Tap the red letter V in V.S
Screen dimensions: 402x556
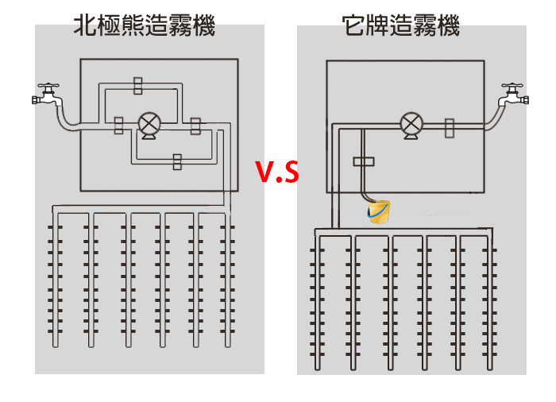point(264,172)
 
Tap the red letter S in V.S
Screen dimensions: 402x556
point(292,172)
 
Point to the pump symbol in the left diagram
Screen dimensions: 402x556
point(149,125)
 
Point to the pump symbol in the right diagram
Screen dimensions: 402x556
point(411,124)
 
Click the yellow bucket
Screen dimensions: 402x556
point(379,212)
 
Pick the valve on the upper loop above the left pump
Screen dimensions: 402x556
point(138,86)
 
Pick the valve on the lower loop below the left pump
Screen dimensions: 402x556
point(176,161)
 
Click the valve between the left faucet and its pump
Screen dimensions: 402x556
point(118,125)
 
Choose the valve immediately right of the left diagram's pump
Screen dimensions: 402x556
point(195,125)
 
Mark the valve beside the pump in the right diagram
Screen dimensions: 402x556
point(450,128)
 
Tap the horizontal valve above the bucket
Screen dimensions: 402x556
point(363,161)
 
